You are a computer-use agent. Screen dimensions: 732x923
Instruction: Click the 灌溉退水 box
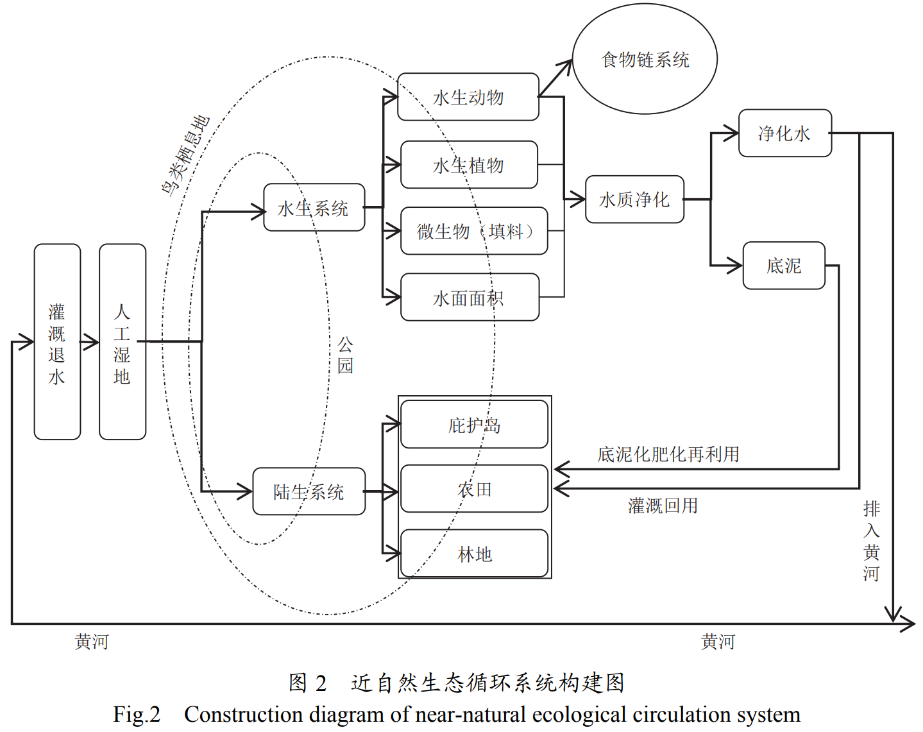57,341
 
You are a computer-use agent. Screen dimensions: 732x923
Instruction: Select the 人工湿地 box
123,341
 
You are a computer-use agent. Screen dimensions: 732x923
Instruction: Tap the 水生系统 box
314,208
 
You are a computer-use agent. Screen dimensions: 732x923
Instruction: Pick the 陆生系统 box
309,491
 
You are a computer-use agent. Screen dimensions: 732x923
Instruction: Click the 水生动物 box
468,97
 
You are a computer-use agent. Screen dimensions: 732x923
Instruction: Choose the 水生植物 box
469,165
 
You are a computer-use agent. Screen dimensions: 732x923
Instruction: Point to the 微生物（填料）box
474,231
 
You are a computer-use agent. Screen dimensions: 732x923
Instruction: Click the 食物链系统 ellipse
645,60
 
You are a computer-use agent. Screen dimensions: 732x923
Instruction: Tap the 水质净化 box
634,200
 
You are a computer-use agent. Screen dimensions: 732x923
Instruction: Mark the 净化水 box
784,133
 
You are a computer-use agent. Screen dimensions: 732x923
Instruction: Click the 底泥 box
784,266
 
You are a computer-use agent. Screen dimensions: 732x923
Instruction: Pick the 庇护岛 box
474,424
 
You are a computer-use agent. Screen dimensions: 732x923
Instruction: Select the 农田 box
474,489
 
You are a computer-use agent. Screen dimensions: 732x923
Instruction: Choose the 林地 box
474,553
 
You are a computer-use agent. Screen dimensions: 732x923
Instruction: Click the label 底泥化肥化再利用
668,454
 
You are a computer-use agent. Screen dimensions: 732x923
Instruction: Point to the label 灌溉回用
663,506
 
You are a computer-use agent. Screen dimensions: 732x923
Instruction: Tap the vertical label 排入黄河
871,541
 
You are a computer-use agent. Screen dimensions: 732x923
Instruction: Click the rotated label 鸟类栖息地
185,156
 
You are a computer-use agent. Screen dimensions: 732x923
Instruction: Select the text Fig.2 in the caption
137,714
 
